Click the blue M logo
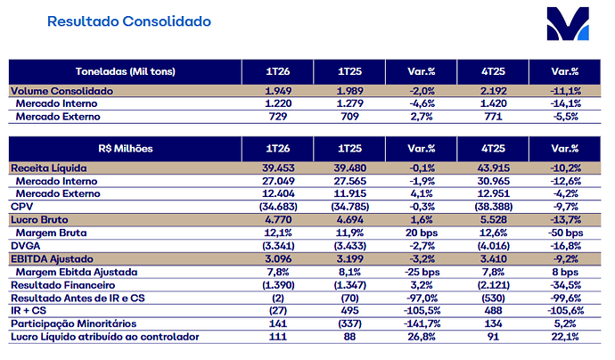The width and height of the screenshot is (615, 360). tap(568, 23)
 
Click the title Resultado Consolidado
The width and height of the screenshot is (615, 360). tap(129, 21)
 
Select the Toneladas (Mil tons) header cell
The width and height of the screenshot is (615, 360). tap(125, 72)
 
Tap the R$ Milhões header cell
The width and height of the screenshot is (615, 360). tap(125, 149)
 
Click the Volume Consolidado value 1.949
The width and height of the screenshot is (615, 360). tap(278, 91)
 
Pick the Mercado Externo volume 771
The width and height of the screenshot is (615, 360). tap(494, 117)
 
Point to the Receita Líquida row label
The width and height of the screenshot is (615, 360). tap(49, 168)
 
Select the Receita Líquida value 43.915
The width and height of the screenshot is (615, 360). tap(494, 168)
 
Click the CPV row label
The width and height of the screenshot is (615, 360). tap(22, 207)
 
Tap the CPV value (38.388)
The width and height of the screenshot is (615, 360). tap(494, 207)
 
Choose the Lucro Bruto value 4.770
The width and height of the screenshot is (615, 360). tap(278, 219)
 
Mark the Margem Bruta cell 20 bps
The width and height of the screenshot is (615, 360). tap(422, 233)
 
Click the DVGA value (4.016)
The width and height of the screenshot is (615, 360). tap(494, 246)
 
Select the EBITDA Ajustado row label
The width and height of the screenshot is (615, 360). tap(53, 259)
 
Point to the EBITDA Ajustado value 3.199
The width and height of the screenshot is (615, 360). tap(350, 259)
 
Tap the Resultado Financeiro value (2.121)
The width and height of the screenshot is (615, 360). tap(494, 285)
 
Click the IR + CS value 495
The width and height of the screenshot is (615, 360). tap(350, 311)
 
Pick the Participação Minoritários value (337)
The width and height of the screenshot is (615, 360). tap(350, 324)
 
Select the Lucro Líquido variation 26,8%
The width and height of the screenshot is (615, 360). tap(422, 337)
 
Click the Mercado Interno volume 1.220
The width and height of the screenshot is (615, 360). tap(278, 103)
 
